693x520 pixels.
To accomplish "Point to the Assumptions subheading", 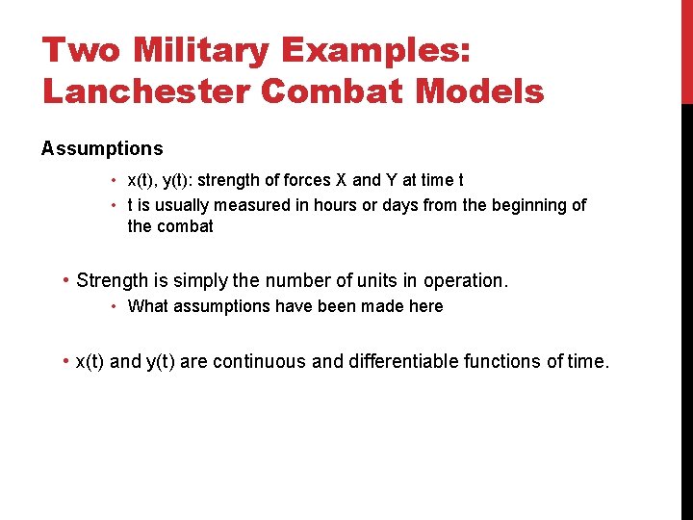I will click(x=102, y=149).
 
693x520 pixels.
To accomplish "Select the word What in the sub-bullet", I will click(x=146, y=306).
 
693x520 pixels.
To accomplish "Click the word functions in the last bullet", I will click(x=502, y=362).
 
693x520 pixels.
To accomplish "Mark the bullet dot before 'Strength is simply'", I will click(x=64, y=281).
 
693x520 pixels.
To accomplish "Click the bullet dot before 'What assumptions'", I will click(x=114, y=306).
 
